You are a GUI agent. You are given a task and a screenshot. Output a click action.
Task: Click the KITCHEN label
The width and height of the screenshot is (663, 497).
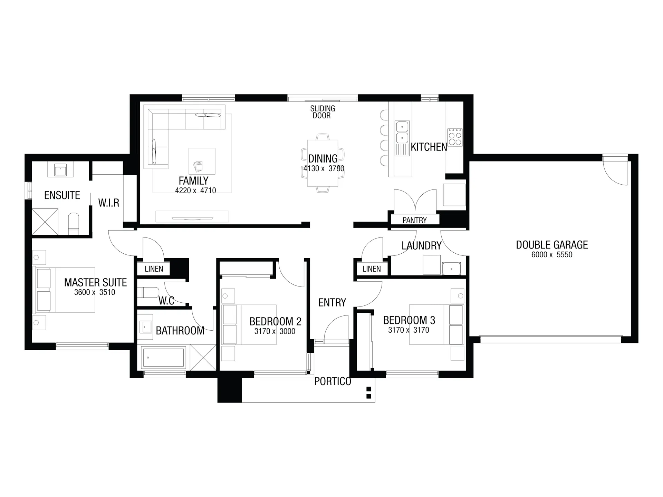tap(429, 147)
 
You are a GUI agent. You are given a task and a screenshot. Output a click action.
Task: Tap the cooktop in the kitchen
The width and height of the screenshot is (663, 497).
tap(455, 137)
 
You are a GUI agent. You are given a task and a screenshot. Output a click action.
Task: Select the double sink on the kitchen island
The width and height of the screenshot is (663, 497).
tap(402, 132)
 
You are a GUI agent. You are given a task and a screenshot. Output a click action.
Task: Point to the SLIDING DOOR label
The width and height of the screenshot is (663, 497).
tap(322, 112)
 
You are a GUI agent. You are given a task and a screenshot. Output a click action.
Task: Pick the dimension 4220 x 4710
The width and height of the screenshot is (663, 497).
tap(195, 191)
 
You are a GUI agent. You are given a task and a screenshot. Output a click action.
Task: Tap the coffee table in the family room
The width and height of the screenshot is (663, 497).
tap(202, 161)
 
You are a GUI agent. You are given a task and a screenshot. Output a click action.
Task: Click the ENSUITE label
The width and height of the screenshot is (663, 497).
tap(62, 195)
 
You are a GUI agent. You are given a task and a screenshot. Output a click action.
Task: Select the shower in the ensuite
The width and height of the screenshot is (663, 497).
tap(45, 222)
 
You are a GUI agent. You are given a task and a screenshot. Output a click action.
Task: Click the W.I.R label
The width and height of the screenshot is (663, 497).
tap(109, 203)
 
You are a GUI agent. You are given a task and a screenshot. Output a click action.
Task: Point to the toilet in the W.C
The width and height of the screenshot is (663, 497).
tap(148, 292)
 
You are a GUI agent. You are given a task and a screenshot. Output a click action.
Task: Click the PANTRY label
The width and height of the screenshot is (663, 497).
tap(414, 220)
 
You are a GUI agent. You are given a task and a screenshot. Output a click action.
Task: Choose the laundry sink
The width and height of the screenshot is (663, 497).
tap(451, 269)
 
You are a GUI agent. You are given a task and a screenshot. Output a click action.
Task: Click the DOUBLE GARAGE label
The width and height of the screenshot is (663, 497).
tap(552, 245)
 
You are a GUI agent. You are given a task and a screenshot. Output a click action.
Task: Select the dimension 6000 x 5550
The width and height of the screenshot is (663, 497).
tap(552, 255)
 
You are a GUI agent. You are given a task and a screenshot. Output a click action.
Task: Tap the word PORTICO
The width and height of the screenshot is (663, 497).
tap(333, 381)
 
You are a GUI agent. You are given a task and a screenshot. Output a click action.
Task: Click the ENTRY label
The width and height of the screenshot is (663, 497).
tap(332, 303)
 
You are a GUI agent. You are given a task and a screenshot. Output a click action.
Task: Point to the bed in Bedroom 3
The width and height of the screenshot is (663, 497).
tap(436, 324)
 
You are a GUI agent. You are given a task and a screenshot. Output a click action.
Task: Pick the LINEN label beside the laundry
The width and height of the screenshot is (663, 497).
tap(372, 269)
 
